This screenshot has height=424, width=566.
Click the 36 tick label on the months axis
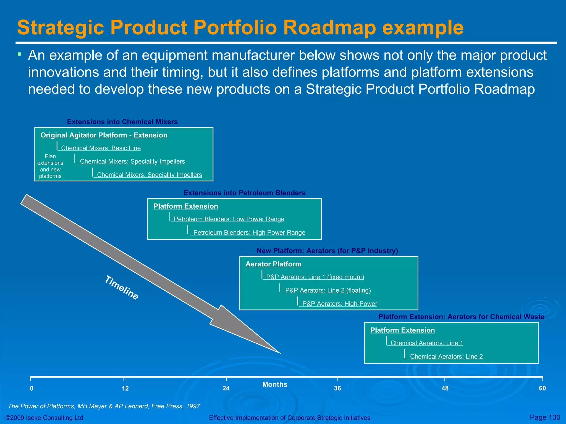point(337,388)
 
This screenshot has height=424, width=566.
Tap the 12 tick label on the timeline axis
point(125,388)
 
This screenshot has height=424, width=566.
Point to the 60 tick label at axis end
point(542,388)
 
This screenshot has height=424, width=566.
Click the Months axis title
point(275,384)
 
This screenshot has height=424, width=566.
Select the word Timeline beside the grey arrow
point(122,288)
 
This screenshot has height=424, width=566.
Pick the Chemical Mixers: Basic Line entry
point(101,148)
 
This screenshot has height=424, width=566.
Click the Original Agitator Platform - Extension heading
point(104,135)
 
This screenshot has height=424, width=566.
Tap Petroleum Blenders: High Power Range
point(249,232)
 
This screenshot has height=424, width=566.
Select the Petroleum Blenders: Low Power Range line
point(229,219)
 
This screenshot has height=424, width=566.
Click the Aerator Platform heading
point(273,264)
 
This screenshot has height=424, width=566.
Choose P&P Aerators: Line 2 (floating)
point(328,290)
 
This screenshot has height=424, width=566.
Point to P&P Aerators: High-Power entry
point(340,304)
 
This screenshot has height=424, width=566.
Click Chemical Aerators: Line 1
point(427,343)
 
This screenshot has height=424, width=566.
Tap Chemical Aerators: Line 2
point(446,356)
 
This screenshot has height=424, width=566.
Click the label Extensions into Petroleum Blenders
point(245,193)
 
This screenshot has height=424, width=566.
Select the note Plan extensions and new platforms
point(50,166)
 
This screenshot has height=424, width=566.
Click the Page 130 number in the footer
point(545,417)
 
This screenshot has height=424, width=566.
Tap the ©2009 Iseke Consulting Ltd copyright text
point(44,418)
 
